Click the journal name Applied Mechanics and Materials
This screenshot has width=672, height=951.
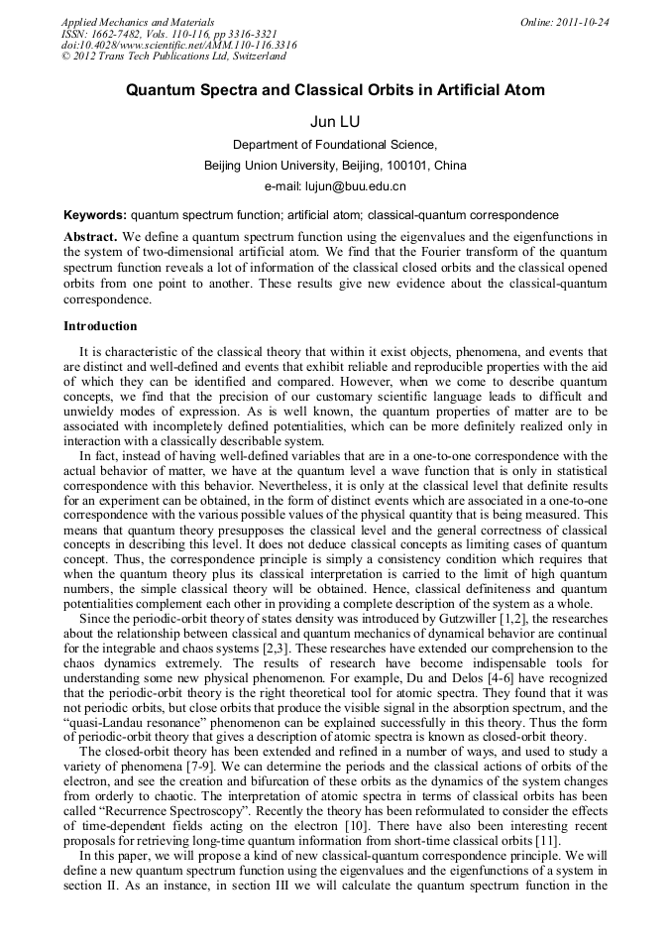pos(137,22)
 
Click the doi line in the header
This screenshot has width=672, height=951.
pos(178,46)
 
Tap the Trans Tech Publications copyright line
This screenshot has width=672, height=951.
pos(173,58)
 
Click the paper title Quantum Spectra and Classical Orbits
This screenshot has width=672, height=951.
pos(335,90)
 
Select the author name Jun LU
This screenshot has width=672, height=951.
pos(335,121)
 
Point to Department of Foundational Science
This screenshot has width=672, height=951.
pos(335,145)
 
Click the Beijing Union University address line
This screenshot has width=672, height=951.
pos(335,166)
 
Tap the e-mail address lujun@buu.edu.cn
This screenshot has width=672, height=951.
pos(361,186)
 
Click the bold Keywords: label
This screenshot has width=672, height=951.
pos(95,215)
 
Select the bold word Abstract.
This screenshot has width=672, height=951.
pos(90,238)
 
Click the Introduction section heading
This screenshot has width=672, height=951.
pos(100,326)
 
